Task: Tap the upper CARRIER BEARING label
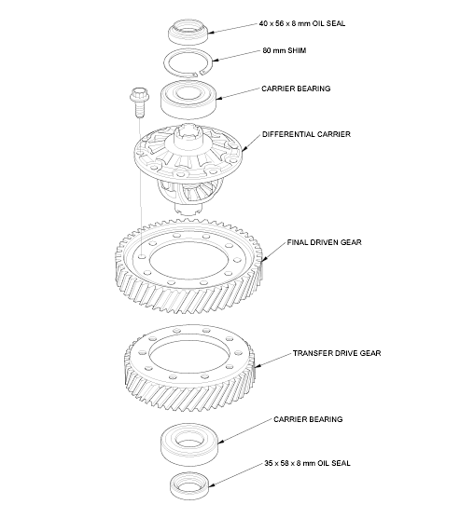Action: [x=295, y=89]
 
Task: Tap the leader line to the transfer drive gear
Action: [x=273, y=360]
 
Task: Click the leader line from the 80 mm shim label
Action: [x=233, y=58]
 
